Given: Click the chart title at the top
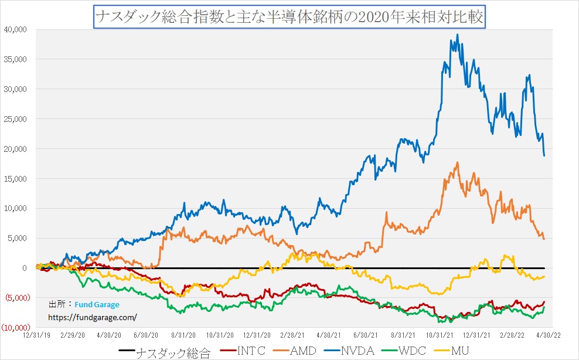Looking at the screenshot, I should [289, 16].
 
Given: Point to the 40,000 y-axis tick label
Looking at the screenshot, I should [15, 29].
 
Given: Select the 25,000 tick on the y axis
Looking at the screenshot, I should [15, 119].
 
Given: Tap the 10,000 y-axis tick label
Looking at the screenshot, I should [15, 208].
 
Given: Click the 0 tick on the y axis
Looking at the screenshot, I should [24, 268].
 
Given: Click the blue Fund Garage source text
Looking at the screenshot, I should [97, 305].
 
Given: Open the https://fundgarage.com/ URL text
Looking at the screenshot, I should [93, 317].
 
